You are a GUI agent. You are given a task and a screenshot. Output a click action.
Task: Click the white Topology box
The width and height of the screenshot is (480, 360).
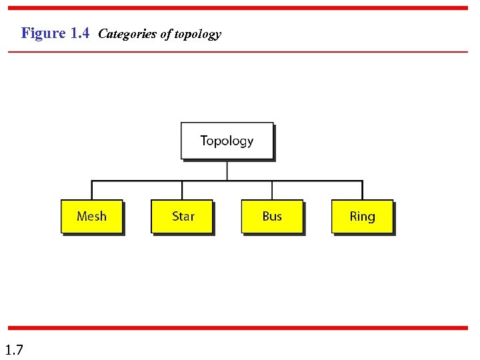[x=227, y=141]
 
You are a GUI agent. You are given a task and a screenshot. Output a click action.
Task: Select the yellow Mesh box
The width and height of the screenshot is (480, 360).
[x=91, y=216]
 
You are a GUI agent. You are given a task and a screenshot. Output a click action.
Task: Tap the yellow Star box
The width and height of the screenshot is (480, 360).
[x=182, y=216]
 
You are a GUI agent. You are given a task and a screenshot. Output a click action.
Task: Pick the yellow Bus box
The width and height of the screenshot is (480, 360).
[x=272, y=216]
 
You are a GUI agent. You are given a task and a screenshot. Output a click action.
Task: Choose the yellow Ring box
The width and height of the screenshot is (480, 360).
[x=362, y=216]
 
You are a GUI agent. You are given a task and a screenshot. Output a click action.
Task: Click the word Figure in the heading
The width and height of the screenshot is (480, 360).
[x=44, y=33]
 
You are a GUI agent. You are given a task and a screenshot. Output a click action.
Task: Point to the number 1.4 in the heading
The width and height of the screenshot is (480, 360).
[x=79, y=33]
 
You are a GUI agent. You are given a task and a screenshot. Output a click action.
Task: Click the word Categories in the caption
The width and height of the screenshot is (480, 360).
[x=127, y=34]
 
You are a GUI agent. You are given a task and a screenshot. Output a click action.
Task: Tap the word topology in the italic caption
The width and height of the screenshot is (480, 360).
[x=197, y=35]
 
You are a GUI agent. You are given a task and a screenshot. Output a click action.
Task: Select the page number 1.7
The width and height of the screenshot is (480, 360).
[x=14, y=349]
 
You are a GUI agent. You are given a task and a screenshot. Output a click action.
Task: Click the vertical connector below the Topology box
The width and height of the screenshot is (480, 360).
[x=227, y=170]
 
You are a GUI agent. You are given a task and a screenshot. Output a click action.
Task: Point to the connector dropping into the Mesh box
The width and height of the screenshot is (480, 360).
[x=92, y=190]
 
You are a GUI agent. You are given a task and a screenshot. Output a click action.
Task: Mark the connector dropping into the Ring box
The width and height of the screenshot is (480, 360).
[x=362, y=190]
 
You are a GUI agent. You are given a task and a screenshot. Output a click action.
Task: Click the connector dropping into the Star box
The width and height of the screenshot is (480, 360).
[x=182, y=190]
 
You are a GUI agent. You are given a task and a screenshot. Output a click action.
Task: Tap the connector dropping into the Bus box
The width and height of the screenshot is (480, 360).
[x=272, y=190]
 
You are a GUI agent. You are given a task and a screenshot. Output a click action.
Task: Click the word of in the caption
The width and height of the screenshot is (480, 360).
[x=165, y=34]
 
